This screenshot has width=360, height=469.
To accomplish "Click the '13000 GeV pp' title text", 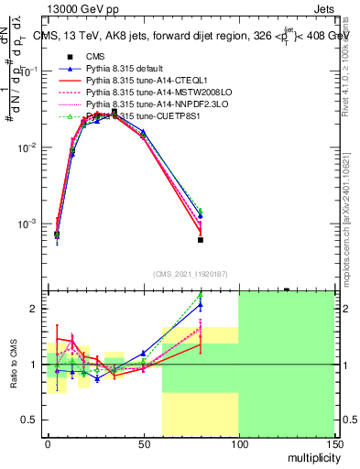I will coord(80,8).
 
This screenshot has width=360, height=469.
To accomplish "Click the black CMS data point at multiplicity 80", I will coord(200,240).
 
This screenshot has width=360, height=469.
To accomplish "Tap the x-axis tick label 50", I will coord(142,444).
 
